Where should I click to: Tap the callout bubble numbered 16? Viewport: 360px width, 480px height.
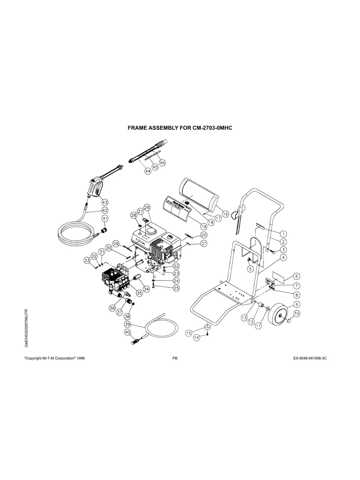(x=225, y=214)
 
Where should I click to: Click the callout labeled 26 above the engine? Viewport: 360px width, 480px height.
(x=147, y=207)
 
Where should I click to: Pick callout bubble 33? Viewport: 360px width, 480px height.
(x=87, y=260)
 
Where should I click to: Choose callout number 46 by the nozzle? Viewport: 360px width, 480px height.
(x=162, y=162)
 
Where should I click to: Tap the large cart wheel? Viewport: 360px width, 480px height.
(x=280, y=315)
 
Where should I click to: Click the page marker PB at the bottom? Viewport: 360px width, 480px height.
(x=175, y=358)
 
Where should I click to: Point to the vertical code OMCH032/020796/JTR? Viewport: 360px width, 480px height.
(x=26, y=328)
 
